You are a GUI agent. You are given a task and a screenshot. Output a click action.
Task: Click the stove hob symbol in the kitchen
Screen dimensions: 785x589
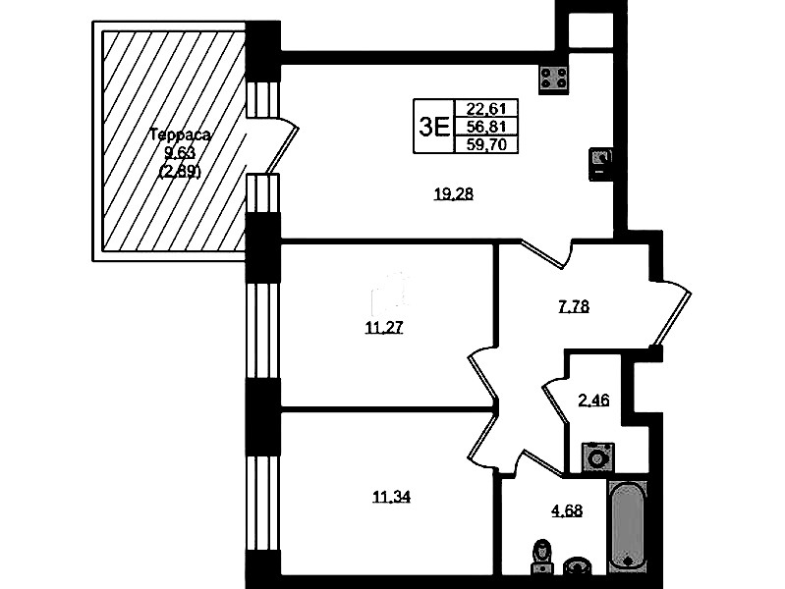coord(554,80)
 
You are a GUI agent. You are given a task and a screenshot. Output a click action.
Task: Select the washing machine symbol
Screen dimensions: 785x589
coord(597,457)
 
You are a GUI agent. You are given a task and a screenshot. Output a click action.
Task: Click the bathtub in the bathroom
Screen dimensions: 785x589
coord(628,526)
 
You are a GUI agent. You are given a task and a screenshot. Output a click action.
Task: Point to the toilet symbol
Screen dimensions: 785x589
coord(540,556)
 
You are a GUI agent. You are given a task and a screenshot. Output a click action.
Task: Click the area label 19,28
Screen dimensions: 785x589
coord(454,193)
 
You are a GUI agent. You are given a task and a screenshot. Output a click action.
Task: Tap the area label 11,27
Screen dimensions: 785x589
coord(384,328)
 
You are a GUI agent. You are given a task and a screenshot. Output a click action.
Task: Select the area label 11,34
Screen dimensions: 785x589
coord(391,497)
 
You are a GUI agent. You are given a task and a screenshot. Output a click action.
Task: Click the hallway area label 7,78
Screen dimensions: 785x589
coord(574,305)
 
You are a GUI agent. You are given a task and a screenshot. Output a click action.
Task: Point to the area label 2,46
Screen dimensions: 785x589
coord(593,401)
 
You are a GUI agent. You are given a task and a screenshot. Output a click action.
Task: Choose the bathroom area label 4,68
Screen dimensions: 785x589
coord(567,510)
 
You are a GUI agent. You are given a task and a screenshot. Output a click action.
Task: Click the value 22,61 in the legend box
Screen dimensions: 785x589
coord(485,108)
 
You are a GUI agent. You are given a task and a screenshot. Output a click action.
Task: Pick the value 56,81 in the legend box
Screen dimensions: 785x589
coord(485,126)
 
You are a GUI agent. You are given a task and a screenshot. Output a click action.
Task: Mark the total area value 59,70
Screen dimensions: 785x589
coord(485,144)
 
